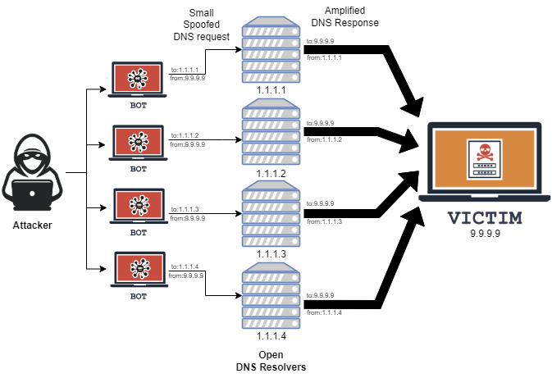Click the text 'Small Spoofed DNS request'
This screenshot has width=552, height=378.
coord(201,25)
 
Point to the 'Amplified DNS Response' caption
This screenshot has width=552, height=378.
coord(344,16)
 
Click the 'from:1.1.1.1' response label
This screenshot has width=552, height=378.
coord(324,57)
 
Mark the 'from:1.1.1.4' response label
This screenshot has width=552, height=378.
coord(324,312)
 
